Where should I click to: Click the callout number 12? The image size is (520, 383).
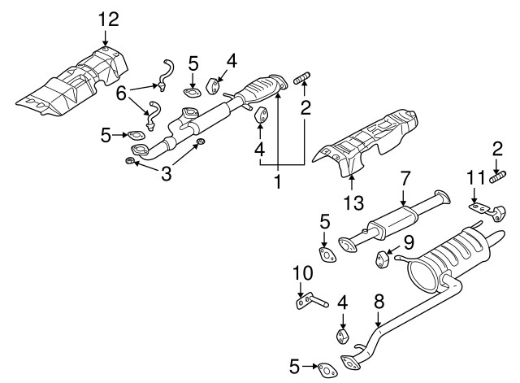click(107, 17)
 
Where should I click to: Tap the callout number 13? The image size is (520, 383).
click(353, 201)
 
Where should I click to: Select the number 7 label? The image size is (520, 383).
click(404, 178)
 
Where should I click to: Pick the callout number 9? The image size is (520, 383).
click(409, 241)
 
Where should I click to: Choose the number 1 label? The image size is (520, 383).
click(277, 183)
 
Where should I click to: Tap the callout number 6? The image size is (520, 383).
click(121, 94)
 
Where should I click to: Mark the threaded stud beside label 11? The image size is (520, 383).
click(497, 176)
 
